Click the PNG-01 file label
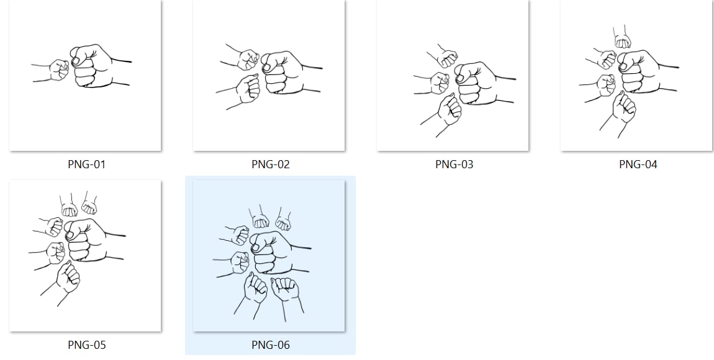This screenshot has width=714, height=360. (x=86, y=164)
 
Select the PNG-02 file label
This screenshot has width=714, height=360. (x=271, y=164)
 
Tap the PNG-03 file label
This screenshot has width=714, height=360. (x=454, y=164)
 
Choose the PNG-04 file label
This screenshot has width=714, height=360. (x=638, y=164)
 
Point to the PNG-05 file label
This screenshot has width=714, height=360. (x=86, y=345)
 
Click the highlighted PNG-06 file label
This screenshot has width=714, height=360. (x=271, y=345)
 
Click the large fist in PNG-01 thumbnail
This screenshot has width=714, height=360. (x=93, y=66)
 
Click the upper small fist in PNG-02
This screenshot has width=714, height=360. (x=247, y=60)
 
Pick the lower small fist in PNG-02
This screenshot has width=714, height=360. (x=247, y=89)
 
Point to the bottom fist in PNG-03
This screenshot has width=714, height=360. (x=448, y=110)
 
